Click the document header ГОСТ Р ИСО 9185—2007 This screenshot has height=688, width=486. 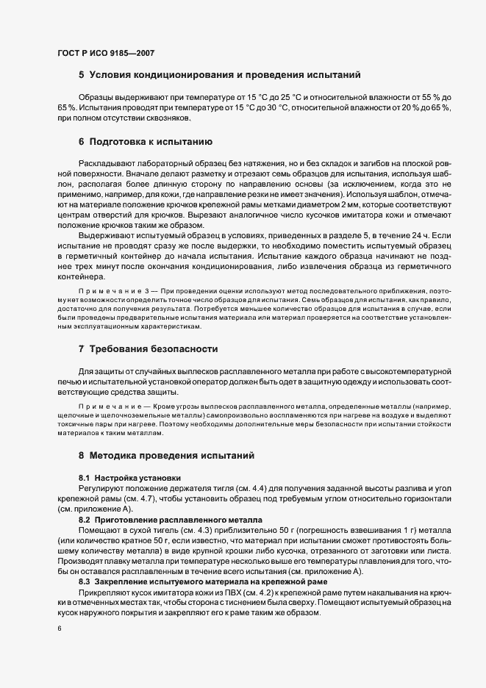coord(106,53)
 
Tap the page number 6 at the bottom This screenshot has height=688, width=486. coord(59,630)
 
